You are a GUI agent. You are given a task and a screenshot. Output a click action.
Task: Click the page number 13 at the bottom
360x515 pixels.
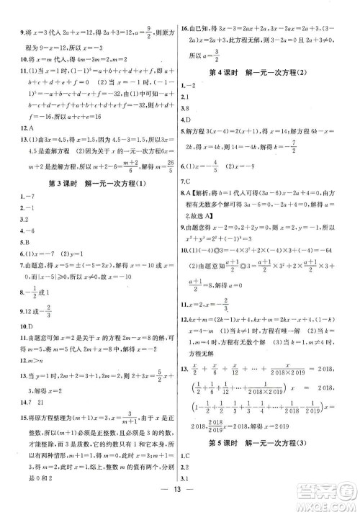(x=179, y=498)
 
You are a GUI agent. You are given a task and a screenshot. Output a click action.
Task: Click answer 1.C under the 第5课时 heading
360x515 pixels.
(x=190, y=455)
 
